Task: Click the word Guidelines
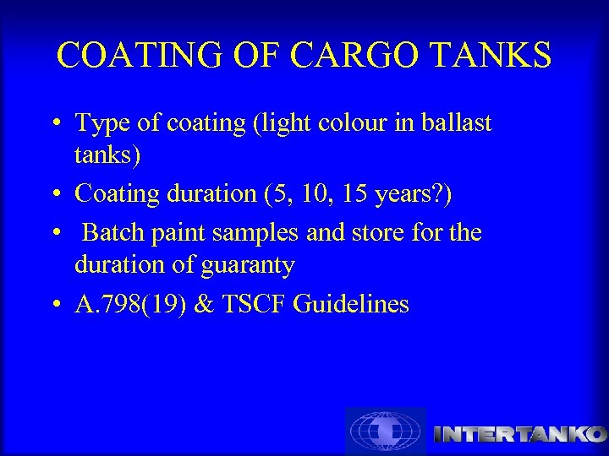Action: tap(350, 304)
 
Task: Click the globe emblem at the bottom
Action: tap(386, 432)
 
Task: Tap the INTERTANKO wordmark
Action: tap(519, 434)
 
